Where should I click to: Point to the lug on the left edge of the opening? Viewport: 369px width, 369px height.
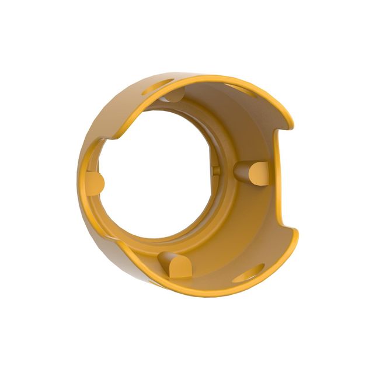[x=96, y=183]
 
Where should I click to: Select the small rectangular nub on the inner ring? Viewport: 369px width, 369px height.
[x=215, y=169]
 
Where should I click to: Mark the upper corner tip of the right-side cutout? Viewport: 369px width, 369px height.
[x=291, y=126]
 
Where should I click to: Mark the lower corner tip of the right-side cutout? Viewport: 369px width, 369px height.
[x=295, y=231]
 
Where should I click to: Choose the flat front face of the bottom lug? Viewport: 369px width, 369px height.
[x=181, y=268]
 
